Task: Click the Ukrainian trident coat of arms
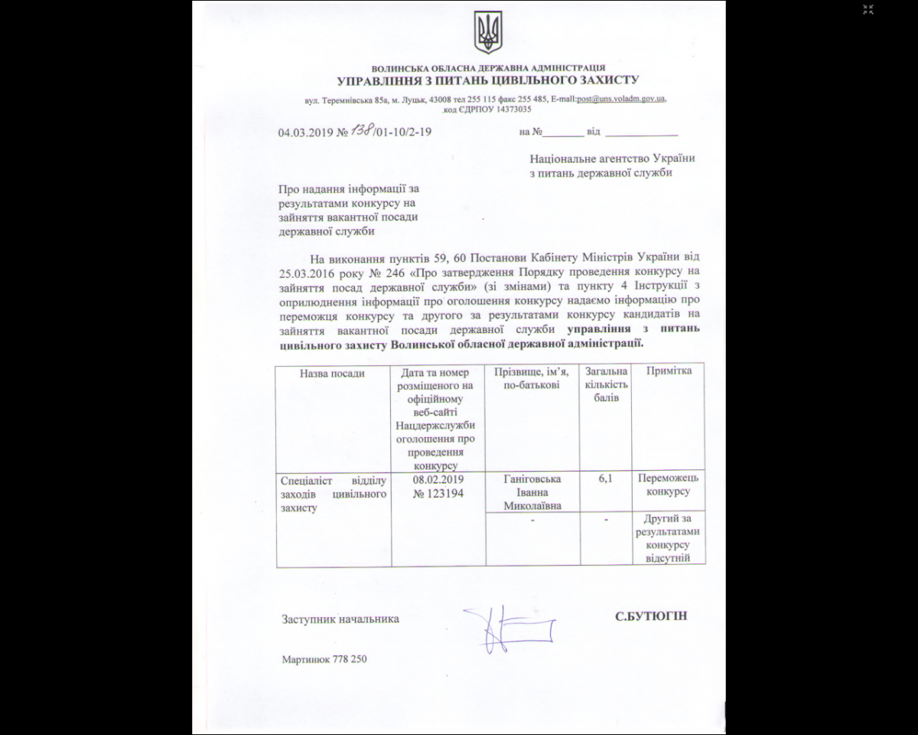pyautogui.click(x=487, y=33)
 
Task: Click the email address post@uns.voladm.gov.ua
pyautogui.click(x=621, y=99)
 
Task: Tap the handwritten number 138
pyautogui.click(x=361, y=129)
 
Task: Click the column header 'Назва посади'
pyautogui.click(x=333, y=373)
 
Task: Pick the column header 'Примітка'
pyautogui.click(x=669, y=371)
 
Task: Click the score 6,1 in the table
pyautogui.click(x=605, y=479)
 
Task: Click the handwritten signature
pyautogui.click(x=506, y=629)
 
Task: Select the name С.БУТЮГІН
pyautogui.click(x=650, y=616)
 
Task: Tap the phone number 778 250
pyautogui.click(x=350, y=658)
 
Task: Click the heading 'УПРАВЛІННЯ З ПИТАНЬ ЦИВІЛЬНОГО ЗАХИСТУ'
pyautogui.click(x=487, y=80)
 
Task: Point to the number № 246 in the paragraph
pyautogui.click(x=387, y=272)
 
